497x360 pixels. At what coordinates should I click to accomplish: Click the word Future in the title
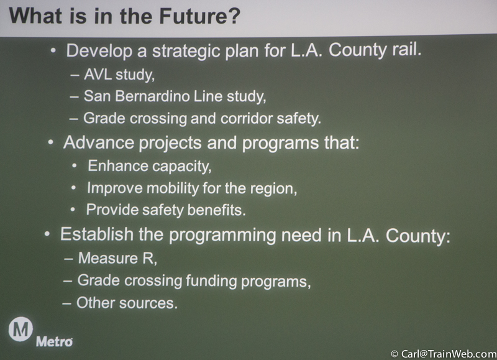(199, 16)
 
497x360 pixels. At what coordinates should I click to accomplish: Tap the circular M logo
(21, 330)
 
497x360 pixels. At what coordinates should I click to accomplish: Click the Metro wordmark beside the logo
(54, 341)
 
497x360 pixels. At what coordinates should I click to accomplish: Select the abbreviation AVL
(98, 74)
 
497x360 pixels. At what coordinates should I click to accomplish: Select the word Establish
(97, 234)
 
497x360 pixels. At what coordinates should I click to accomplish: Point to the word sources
(148, 303)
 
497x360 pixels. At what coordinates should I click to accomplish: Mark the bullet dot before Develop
(53, 50)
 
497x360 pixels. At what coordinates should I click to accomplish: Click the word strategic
(186, 51)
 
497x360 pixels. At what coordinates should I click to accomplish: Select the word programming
(222, 235)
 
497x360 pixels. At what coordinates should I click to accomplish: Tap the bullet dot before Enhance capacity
(75, 165)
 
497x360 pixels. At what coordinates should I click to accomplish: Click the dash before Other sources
(67, 303)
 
